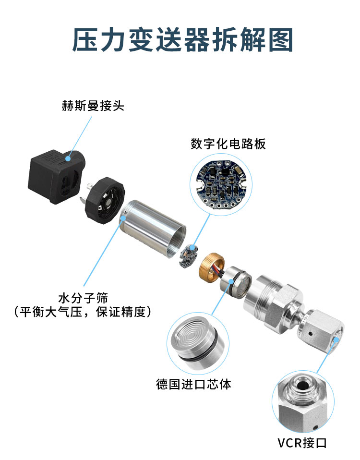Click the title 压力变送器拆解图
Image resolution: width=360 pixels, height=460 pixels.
point(182,40)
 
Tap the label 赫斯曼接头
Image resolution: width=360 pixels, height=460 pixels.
point(93,106)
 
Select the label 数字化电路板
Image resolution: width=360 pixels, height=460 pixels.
point(228,144)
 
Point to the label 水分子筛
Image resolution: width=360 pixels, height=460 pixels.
point(83,298)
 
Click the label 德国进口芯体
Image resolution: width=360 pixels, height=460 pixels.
point(193,384)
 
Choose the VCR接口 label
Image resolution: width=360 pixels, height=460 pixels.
point(302,443)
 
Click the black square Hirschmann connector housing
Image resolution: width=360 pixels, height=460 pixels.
point(57,177)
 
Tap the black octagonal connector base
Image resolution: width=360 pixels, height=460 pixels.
point(104,200)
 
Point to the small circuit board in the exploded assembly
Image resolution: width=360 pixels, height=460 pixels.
point(189,256)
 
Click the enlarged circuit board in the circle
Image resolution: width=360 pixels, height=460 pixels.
point(221,184)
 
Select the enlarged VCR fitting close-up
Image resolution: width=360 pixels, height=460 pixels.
point(303,401)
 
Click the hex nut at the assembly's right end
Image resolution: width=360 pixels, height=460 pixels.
point(321,331)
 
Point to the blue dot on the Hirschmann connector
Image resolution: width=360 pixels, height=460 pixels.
point(68,159)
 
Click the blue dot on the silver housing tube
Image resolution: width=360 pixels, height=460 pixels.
point(124,218)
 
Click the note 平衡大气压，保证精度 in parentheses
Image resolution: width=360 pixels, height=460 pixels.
point(83,312)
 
